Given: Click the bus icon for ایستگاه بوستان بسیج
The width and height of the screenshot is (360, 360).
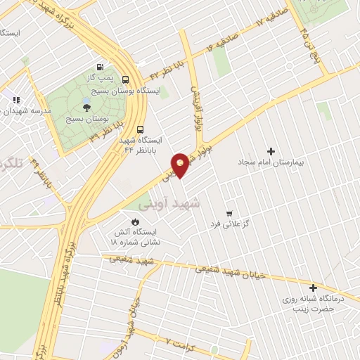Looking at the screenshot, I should (126, 79).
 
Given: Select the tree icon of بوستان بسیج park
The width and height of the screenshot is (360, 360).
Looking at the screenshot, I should (86, 107).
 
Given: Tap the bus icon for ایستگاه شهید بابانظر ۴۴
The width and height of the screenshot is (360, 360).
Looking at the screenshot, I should (140, 129).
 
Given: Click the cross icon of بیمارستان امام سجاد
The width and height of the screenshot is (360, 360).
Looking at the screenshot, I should (271, 151).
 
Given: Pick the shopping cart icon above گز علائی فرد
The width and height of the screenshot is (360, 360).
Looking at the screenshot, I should (229, 212).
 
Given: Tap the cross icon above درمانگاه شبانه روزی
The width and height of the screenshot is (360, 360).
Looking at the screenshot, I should (313, 287).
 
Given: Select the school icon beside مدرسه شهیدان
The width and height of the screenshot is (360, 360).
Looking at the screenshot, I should (15, 100).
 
